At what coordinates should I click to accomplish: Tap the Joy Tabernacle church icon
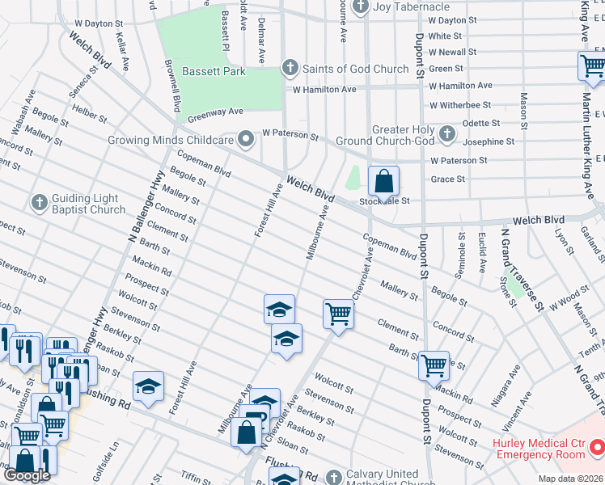[x=361, y=7]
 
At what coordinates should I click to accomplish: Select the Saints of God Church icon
[x=290, y=69]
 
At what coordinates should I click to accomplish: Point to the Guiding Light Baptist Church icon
[x=38, y=202]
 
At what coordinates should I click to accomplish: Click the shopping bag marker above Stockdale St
[x=383, y=180]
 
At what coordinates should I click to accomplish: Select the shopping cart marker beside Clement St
[x=338, y=313]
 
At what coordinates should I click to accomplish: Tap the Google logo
[x=27, y=475]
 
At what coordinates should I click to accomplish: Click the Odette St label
[x=480, y=124]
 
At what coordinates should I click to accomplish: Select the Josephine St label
[x=487, y=141]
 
